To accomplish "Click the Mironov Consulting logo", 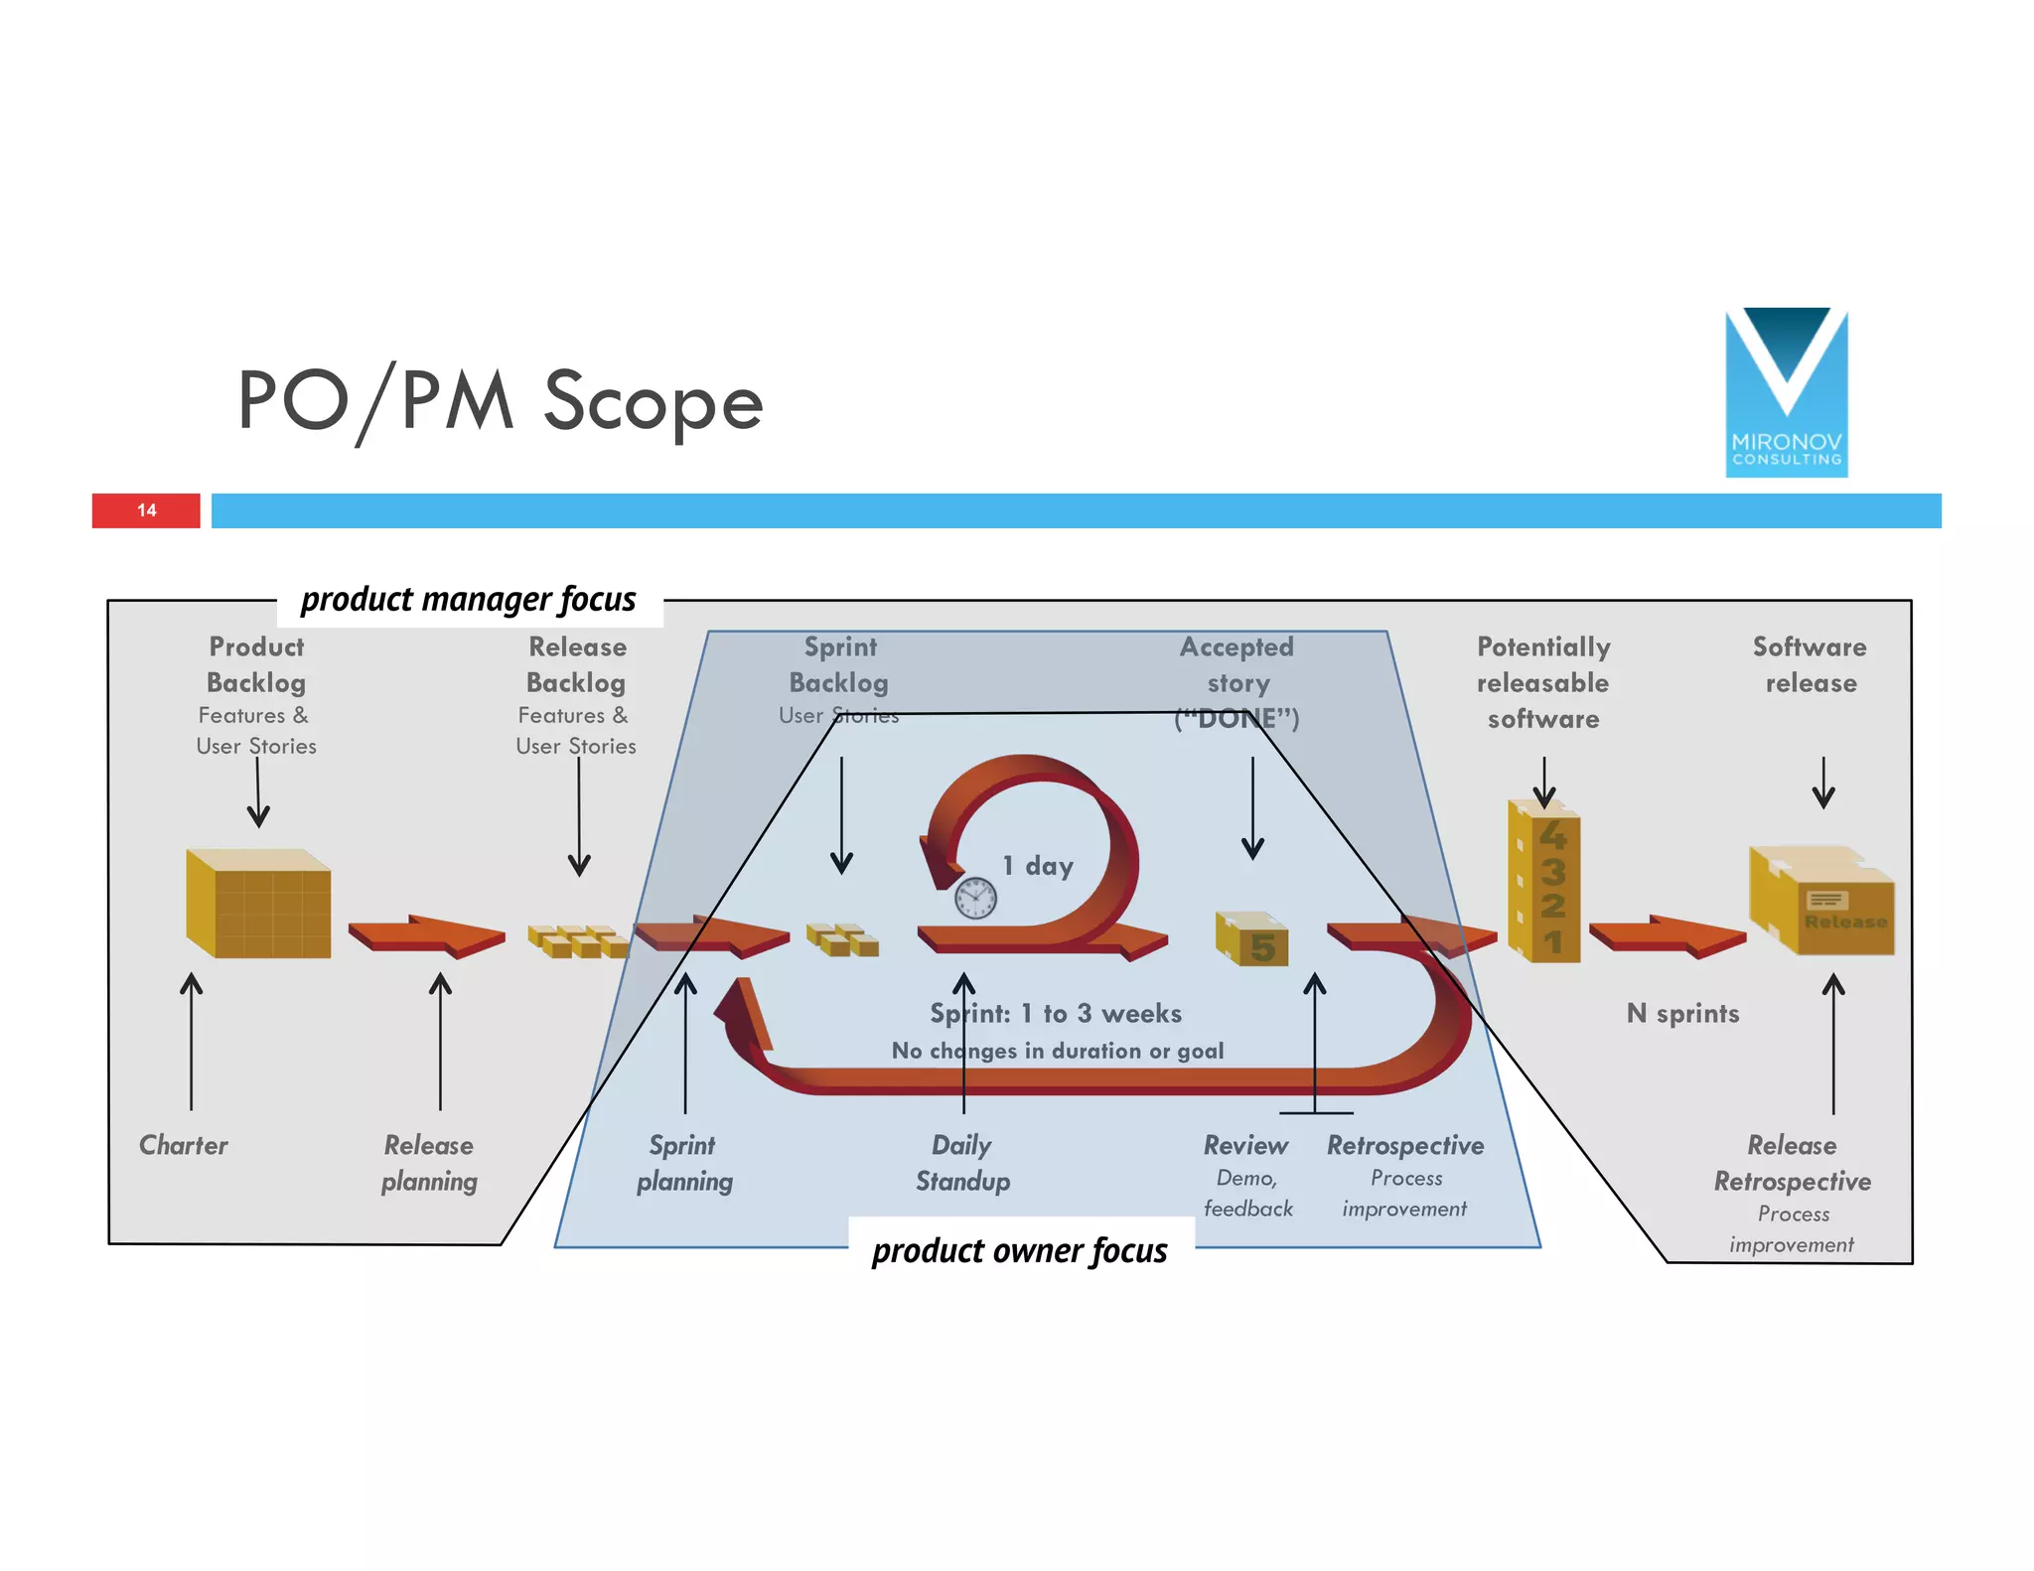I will (x=1786, y=393).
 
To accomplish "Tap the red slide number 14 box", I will (x=146, y=510).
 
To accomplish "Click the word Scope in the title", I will (x=653, y=401).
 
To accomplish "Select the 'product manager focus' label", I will (x=468, y=600).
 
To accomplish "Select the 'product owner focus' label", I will (x=1019, y=1251).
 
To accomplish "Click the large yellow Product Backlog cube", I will (x=259, y=904).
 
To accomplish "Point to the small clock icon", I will (x=975, y=898).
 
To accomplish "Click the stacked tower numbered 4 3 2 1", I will (x=1544, y=884).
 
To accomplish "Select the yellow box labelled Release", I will (x=1822, y=902).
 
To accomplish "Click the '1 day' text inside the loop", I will (x=1038, y=866).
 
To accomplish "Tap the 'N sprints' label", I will (x=1682, y=1014).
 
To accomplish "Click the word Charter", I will (x=184, y=1145).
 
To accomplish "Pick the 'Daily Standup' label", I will (x=962, y=1163).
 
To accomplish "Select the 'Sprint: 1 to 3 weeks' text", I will (x=1056, y=1014).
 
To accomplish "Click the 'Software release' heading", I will (x=1810, y=664).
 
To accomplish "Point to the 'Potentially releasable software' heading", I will (x=1543, y=682).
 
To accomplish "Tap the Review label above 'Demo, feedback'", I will (x=1245, y=1145).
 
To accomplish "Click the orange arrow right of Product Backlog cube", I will (x=427, y=935).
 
